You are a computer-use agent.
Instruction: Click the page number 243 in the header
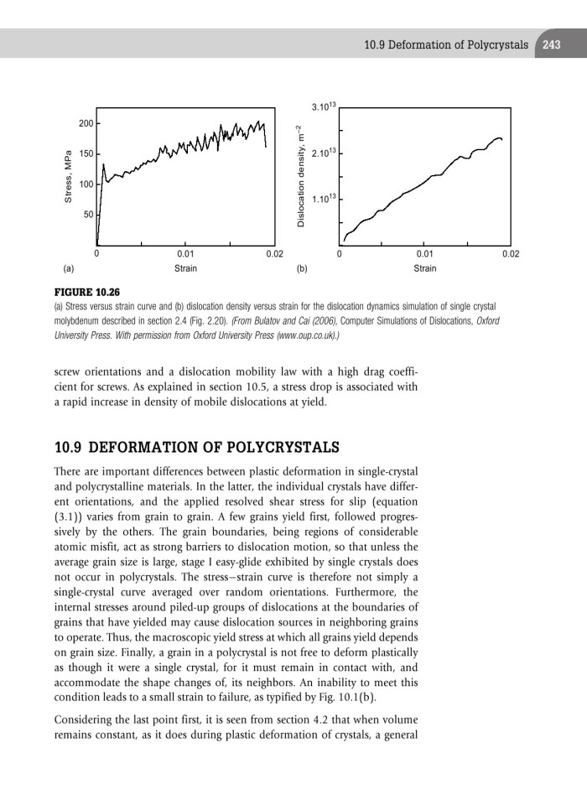[551, 45]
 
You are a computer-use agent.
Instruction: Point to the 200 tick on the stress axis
[85, 124]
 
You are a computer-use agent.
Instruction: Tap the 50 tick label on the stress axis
[87, 216]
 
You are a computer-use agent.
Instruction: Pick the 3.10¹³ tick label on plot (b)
[323, 107]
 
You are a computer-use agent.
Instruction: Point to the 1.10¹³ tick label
[323, 199]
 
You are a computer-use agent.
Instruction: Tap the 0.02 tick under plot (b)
[510, 253]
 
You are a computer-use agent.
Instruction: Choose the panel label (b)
[301, 270]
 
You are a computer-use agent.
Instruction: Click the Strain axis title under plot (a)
[185, 269]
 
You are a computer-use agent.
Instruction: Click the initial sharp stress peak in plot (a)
[103, 165]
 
